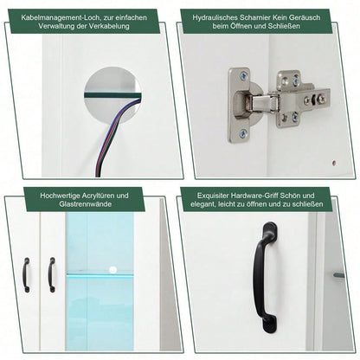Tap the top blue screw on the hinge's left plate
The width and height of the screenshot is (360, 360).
[243, 76]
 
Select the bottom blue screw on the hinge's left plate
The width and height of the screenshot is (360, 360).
[243, 133]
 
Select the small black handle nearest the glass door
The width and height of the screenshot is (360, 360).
[51, 274]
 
